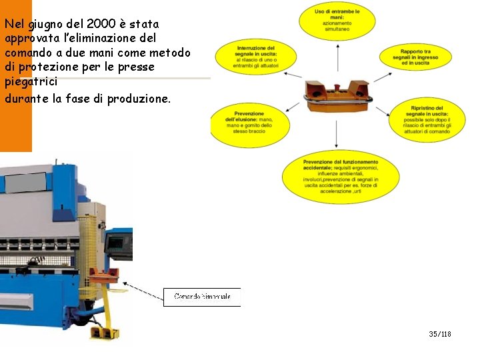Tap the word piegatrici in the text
pos(30,81)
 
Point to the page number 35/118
pos(440,333)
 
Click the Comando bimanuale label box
pos(202,297)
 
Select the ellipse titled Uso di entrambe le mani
pos(336,20)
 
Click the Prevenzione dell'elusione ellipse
pos(249,123)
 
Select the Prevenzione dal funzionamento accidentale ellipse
pos(340,176)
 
